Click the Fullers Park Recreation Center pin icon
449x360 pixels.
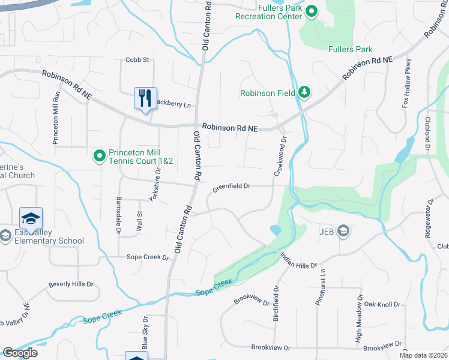pyautogui.click(x=312, y=11)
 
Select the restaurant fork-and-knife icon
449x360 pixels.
pyautogui.click(x=145, y=97)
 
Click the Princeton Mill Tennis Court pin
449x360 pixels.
pyautogui.click(x=100, y=156)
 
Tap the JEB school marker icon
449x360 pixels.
pyautogui.click(x=343, y=231)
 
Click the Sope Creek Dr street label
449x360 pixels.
pyautogui.click(x=148, y=257)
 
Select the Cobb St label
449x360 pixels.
pyautogui.click(x=137, y=60)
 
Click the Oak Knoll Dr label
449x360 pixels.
pyautogui.click(x=382, y=305)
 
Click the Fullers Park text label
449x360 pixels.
pyautogui.click(x=351, y=50)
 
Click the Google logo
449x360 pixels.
pyautogui.click(x=20, y=353)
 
